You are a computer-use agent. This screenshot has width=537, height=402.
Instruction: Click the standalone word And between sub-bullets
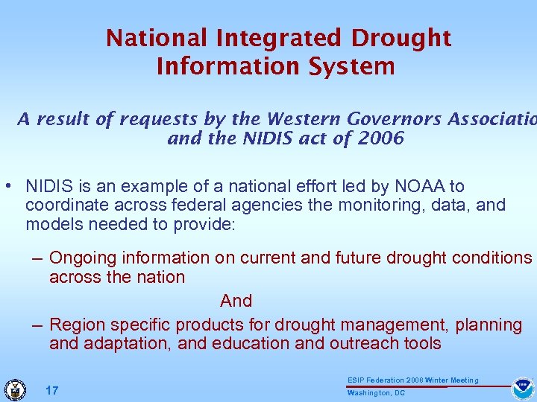[236, 301]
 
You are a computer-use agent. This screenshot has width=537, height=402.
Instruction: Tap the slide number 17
[52, 391]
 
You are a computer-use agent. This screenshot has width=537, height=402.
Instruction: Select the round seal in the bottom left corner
[14, 389]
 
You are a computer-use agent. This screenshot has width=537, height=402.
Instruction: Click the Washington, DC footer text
[377, 393]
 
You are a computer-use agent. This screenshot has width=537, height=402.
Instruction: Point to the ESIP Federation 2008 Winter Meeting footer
[412, 380]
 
